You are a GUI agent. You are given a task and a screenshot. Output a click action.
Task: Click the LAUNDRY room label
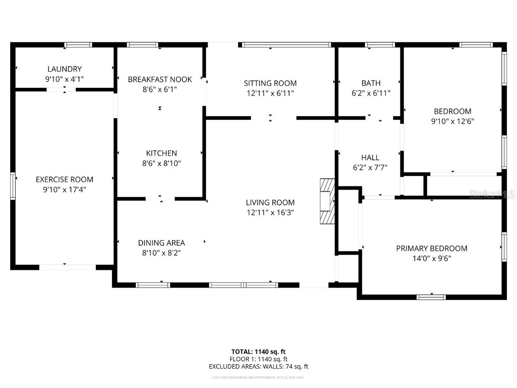65,69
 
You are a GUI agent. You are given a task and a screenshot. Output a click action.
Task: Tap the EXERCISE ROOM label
65,179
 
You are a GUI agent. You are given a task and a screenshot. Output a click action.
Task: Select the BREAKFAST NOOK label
160,79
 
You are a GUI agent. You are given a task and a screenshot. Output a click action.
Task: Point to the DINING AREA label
162,243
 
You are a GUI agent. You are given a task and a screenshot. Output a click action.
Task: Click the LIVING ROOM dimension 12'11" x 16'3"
270,213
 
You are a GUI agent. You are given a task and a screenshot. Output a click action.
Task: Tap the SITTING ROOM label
270,83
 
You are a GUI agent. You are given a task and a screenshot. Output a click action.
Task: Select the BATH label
371,83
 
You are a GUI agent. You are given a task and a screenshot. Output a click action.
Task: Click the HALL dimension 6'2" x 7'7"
370,168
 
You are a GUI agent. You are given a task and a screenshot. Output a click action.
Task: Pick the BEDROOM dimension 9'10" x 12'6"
452,121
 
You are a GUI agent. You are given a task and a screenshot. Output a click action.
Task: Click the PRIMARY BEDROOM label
432,248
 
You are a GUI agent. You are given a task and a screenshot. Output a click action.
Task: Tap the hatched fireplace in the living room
327,201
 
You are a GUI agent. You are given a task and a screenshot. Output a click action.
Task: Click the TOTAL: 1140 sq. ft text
258,352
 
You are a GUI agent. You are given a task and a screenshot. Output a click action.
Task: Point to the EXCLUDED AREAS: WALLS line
258,367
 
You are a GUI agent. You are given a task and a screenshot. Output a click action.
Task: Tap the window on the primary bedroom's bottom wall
431,297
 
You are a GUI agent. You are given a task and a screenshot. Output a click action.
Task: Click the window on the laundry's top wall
78,45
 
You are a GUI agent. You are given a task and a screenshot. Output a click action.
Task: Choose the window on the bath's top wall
380,45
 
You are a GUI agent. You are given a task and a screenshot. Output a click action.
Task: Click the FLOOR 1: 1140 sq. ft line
258,359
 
